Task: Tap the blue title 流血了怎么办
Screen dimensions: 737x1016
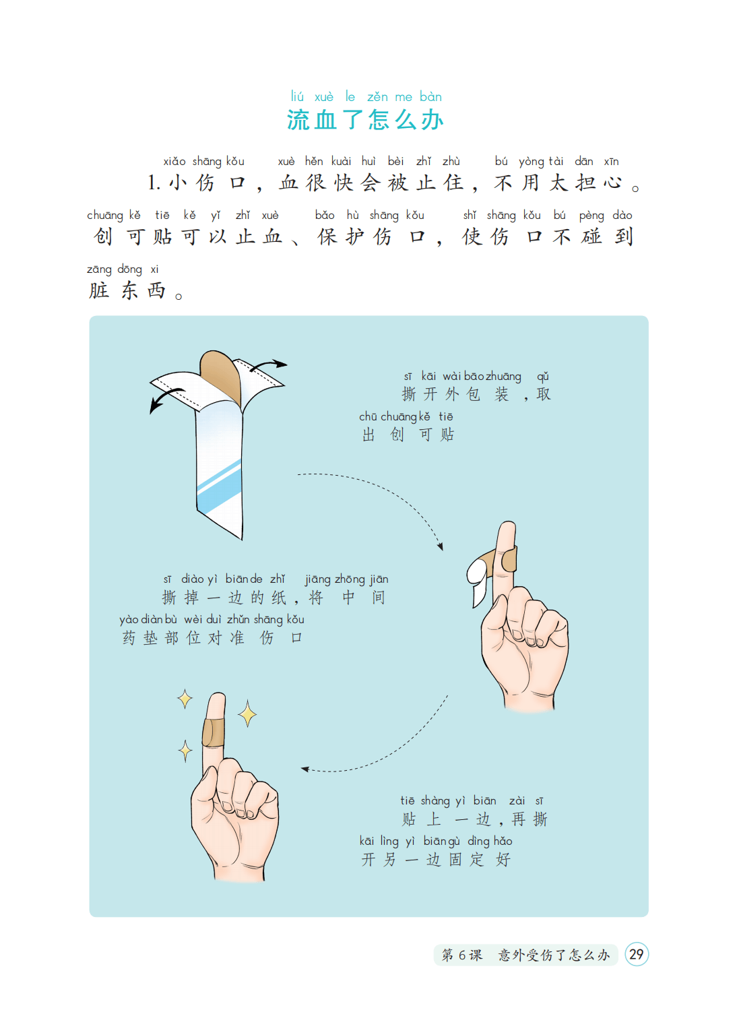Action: click(x=365, y=120)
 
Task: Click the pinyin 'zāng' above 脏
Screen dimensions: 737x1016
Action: click(x=99, y=269)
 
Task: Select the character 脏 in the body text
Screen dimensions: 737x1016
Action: click(x=99, y=290)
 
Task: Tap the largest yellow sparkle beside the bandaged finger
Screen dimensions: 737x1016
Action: click(x=247, y=713)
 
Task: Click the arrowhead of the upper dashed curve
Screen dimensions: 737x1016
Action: click(x=440, y=546)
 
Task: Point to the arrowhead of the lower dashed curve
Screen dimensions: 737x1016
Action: click(x=305, y=769)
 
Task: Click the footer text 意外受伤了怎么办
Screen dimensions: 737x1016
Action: click(x=554, y=955)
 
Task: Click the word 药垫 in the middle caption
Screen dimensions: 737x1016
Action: click(x=139, y=638)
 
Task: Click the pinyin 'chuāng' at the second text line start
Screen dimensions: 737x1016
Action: click(x=105, y=216)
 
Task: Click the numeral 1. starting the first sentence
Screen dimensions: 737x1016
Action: click(x=154, y=183)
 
